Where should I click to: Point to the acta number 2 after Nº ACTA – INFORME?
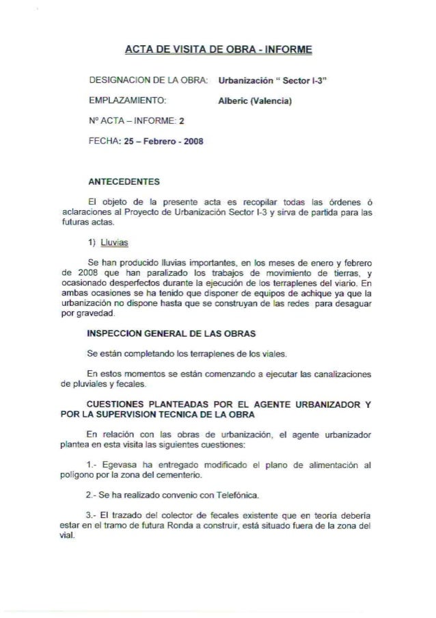(181, 123)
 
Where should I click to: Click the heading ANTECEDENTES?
(124, 181)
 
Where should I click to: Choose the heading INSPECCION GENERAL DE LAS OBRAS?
(172, 333)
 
